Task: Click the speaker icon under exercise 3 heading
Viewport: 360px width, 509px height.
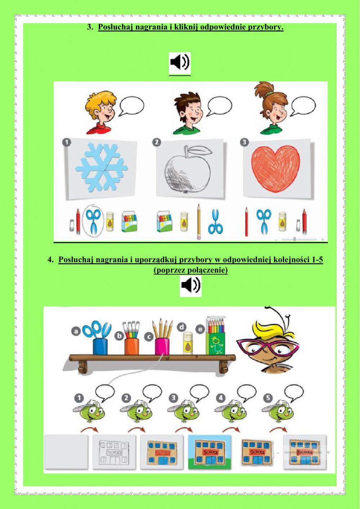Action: point(180,63)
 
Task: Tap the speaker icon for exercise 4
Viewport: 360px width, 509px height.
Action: point(190,286)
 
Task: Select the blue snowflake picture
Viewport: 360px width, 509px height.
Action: point(102,168)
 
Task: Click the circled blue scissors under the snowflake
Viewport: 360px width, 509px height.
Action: point(94,221)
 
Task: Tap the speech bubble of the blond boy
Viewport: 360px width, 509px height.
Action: point(131,106)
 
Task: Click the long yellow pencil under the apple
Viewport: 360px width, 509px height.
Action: point(198,222)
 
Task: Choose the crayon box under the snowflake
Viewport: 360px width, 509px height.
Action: point(131,222)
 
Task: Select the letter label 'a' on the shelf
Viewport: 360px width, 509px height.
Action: point(76,331)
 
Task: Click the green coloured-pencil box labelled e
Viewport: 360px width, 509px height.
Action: point(216,339)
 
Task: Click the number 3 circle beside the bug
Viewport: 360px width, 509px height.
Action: point(174,398)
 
